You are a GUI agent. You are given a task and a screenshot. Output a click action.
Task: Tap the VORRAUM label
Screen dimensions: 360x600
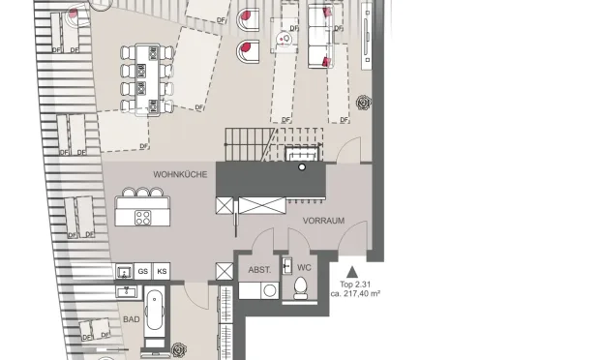click(323, 221)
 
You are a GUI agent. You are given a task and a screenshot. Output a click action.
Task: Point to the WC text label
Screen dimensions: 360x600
click(303, 265)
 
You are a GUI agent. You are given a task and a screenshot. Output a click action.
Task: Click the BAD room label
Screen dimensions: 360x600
click(132, 317)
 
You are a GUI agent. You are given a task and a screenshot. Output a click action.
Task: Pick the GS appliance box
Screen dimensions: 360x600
click(142, 272)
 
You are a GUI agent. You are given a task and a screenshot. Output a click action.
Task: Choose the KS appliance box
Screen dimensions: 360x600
click(162, 272)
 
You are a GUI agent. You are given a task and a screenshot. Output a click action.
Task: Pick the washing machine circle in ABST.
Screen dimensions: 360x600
click(267, 289)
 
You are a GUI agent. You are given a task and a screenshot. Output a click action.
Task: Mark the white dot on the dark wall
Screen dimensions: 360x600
click(303, 167)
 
